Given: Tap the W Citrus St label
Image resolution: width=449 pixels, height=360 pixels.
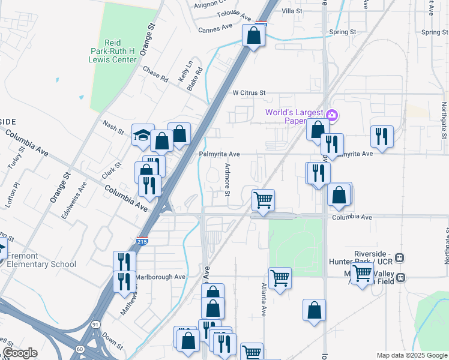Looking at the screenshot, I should (x=249, y=93).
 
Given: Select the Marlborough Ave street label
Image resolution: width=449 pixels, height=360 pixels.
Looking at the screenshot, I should (x=160, y=277).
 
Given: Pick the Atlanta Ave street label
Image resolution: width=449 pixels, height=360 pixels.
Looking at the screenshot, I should (x=264, y=300).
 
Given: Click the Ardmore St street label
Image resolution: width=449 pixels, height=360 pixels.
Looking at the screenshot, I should (x=228, y=179).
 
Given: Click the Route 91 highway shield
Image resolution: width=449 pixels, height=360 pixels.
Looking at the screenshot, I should (x=95, y=325).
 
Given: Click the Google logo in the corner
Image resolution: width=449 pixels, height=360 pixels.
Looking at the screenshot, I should (x=19, y=353).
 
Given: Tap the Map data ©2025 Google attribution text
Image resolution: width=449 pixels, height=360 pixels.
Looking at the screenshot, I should (x=411, y=355).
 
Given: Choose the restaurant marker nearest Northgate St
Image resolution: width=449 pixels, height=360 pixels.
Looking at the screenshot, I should (x=382, y=137).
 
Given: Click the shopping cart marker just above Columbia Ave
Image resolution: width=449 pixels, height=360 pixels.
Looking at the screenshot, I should (x=262, y=200).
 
